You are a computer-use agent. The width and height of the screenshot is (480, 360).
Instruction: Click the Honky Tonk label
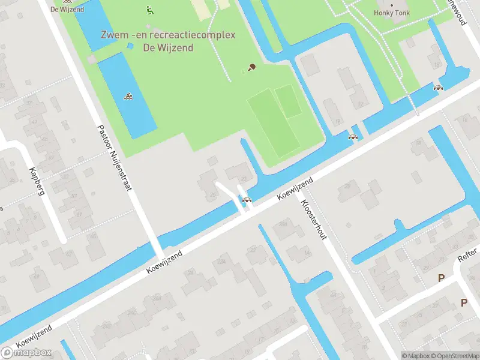click(392, 13)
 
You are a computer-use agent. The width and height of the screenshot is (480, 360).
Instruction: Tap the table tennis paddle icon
click(251, 67)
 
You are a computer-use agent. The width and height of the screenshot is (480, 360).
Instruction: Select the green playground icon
click(149, 10)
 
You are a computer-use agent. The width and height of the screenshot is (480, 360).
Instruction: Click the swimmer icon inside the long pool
click(128, 96)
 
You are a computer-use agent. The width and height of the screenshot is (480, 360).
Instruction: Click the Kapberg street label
click(36, 182)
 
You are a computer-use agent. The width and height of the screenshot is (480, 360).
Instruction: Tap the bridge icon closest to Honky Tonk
click(439, 88)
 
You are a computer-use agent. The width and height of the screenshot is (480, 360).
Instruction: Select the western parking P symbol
click(442, 278)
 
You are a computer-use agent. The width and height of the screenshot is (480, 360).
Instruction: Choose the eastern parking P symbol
click(464, 303)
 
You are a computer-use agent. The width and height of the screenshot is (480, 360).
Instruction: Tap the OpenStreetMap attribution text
click(454, 356)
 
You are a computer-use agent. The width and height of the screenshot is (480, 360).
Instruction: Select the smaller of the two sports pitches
click(288, 101)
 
